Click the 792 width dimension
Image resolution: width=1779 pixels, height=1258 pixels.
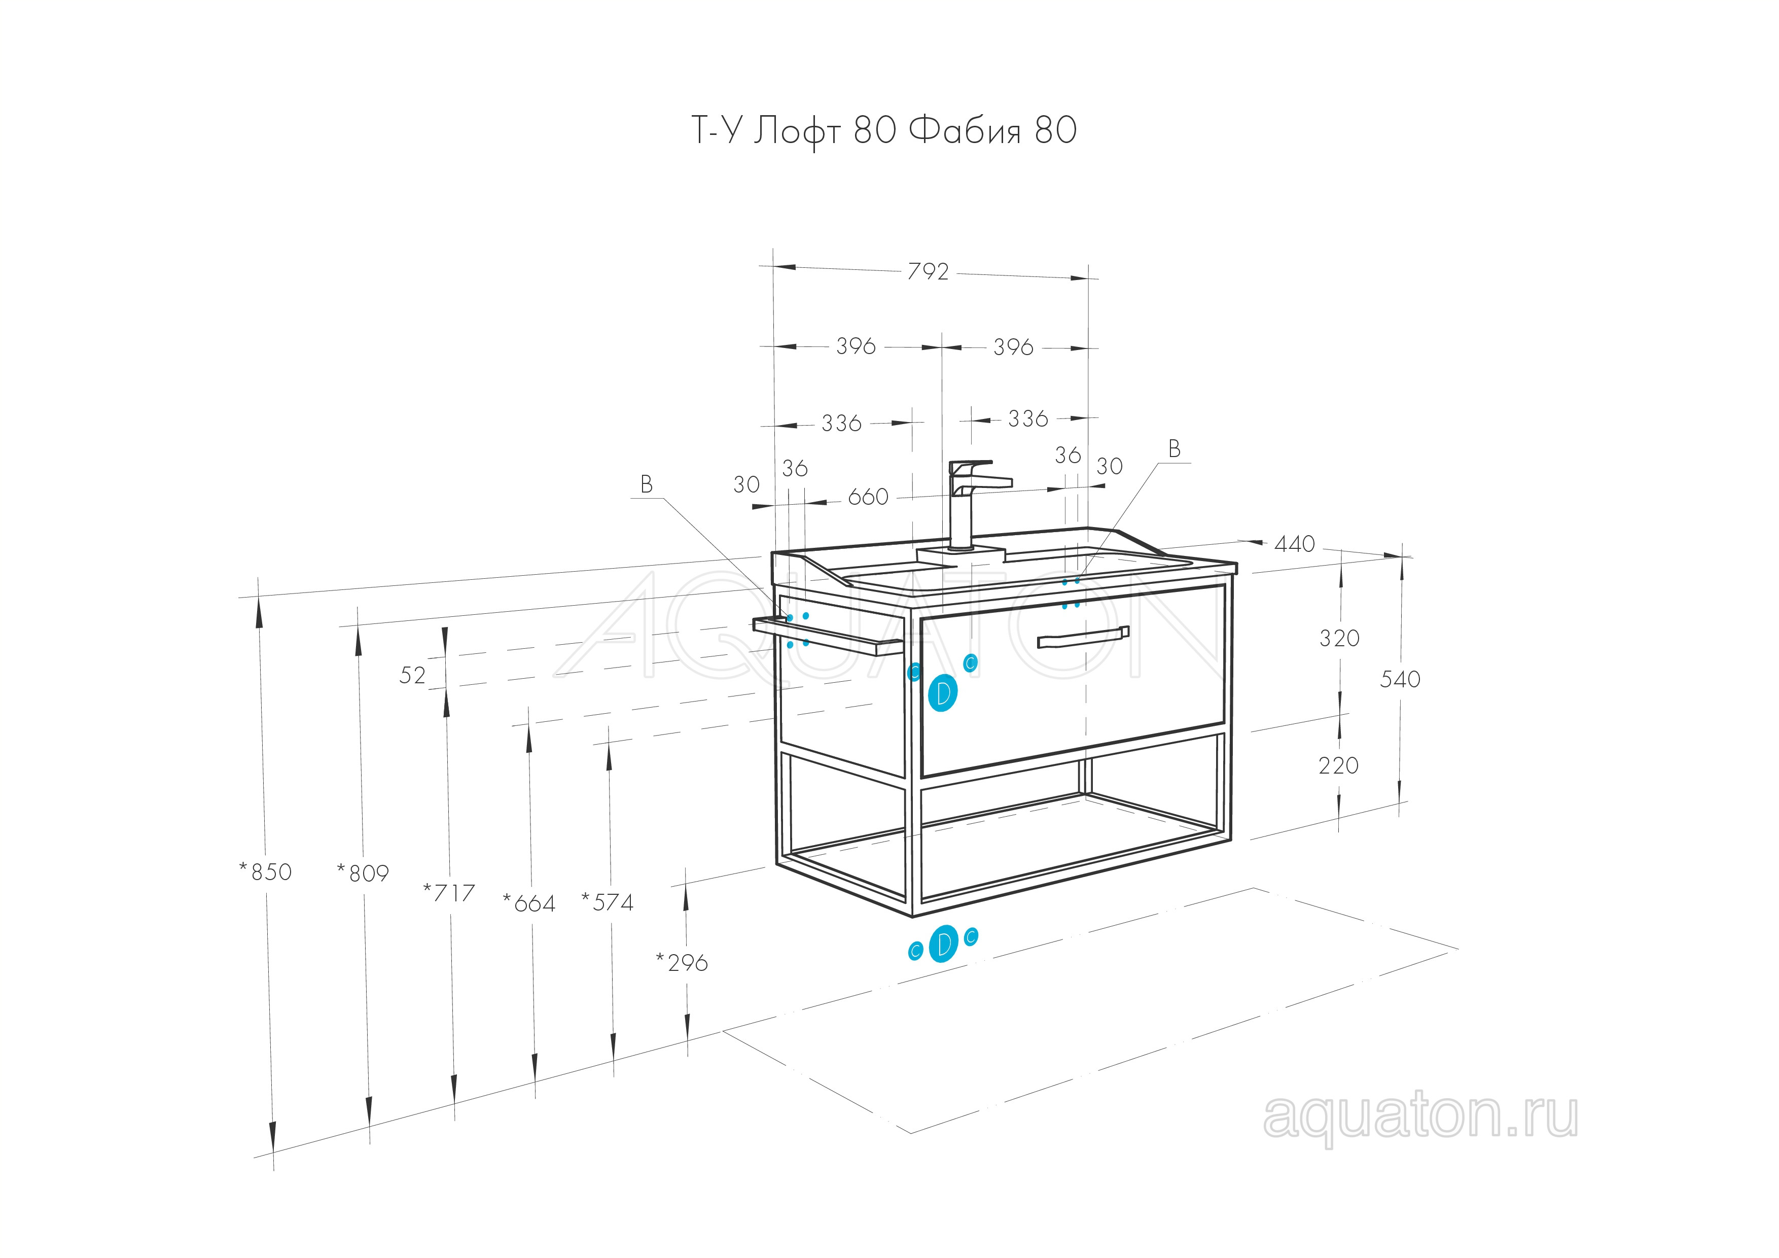[928, 271]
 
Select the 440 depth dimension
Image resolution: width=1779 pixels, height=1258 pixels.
[1295, 544]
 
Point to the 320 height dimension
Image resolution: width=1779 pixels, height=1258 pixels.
[1340, 638]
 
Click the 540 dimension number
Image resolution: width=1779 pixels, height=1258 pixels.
[1400, 679]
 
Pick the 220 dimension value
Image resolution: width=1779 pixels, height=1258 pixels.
[1339, 766]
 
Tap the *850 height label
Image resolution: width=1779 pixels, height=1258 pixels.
[266, 871]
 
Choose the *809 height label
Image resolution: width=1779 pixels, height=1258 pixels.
[363, 873]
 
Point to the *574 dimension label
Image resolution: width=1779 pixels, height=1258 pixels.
[608, 902]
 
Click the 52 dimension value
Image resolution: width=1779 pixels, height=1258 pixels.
[412, 675]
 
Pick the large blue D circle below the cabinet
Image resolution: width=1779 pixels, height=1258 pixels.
[943, 944]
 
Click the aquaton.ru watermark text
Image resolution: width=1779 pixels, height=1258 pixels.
[1419, 1117]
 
